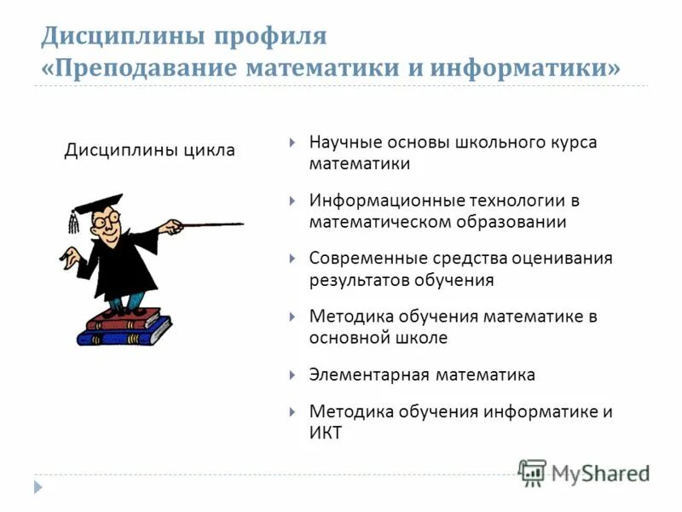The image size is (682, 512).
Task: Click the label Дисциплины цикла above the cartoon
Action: (x=150, y=151)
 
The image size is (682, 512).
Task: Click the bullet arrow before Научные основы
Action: (x=292, y=143)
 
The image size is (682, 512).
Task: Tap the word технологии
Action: (x=517, y=201)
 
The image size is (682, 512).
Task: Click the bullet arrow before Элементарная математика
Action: (x=292, y=375)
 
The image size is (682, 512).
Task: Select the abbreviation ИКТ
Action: (x=325, y=433)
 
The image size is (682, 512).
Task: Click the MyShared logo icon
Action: (x=532, y=473)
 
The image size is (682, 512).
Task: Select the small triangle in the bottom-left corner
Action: (x=37, y=486)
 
